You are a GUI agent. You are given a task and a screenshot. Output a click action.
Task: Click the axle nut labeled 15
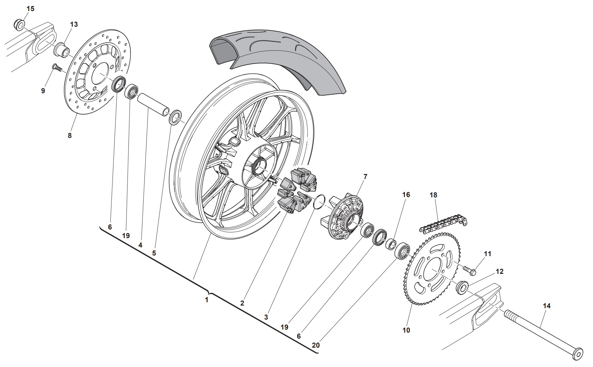pyautogui.click(x=19, y=24)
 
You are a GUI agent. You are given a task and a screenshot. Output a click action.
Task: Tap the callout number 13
pyautogui.click(x=74, y=24)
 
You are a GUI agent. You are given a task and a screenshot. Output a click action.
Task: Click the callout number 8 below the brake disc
pyautogui.click(x=70, y=136)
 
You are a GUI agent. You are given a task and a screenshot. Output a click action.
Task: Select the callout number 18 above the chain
pyautogui.click(x=433, y=195)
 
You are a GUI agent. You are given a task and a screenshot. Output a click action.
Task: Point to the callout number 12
pyautogui.click(x=499, y=271)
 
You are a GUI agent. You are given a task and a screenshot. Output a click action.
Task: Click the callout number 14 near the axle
pyautogui.click(x=546, y=306)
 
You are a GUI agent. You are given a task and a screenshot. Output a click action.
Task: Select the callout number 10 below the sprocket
pyautogui.click(x=406, y=330)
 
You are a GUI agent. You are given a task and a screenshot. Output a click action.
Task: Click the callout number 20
pyautogui.click(x=316, y=345)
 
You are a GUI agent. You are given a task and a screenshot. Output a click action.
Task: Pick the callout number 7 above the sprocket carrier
pyautogui.click(x=365, y=176)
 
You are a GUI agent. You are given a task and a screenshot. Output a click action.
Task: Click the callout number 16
pyautogui.click(x=406, y=194)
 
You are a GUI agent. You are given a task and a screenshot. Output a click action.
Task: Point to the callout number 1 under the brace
pyautogui.click(x=206, y=300)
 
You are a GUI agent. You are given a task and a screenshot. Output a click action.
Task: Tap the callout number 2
pyautogui.click(x=242, y=303)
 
